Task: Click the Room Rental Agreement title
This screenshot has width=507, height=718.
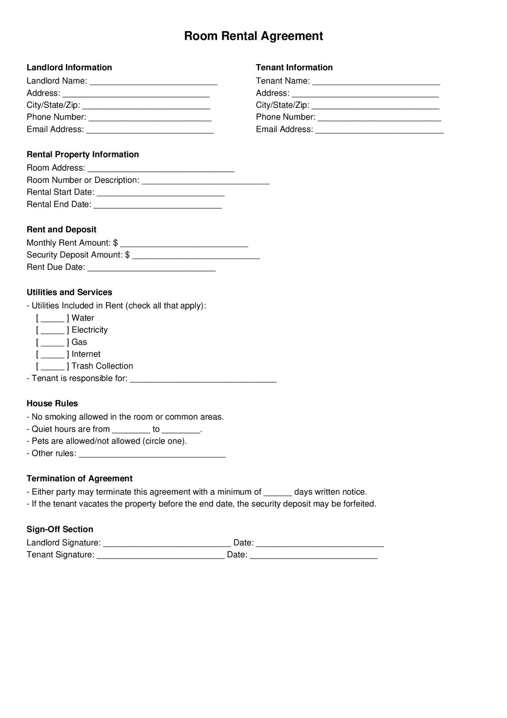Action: pos(253,36)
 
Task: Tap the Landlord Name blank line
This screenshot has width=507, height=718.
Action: pos(153,81)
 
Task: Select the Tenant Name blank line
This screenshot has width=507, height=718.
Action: pos(376,81)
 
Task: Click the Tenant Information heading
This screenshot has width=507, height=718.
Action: pos(294,68)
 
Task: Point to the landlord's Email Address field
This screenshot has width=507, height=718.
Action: pos(150,130)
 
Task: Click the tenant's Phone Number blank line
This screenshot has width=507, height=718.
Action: pos(379,118)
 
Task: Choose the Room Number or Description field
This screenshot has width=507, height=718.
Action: pos(205,181)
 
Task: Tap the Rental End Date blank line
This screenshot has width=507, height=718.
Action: pos(157,205)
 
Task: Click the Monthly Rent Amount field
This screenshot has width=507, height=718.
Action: pos(184,243)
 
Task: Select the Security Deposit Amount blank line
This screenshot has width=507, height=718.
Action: pos(196,256)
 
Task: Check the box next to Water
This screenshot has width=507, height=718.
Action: pos(52,318)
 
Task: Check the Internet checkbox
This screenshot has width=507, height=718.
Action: pos(52,354)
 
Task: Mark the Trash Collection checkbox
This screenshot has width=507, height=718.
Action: pos(52,366)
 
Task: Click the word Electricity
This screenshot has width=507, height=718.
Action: pos(89,330)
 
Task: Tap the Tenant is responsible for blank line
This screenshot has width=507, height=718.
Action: pos(203,379)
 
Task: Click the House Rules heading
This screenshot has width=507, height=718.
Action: pos(52,404)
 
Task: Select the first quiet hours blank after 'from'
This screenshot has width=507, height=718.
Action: pos(131,430)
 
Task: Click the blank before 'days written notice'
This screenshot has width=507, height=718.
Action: pos(278,493)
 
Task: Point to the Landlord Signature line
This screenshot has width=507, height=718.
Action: pos(167,544)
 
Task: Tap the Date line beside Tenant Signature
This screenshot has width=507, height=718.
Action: pos(314,556)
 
